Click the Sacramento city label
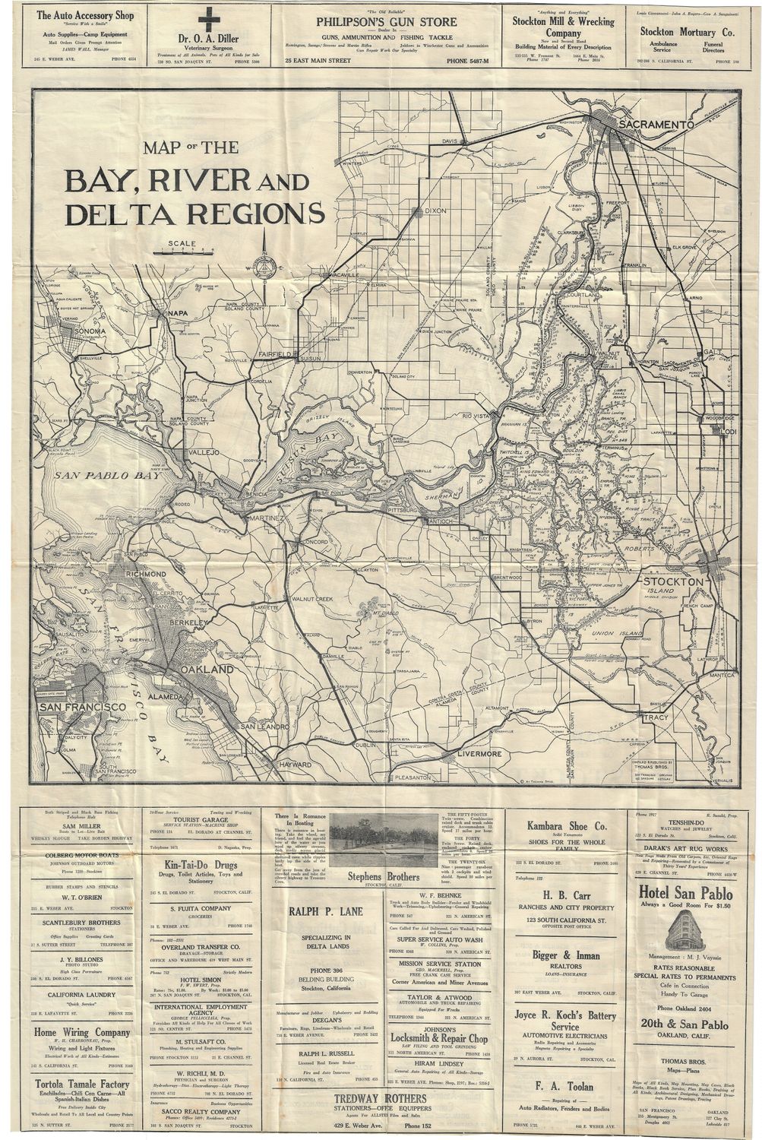(658, 124)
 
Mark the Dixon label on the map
(435, 211)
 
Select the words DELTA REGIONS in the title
(196, 214)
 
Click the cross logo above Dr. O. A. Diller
(205, 19)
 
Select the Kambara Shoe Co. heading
(567, 825)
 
